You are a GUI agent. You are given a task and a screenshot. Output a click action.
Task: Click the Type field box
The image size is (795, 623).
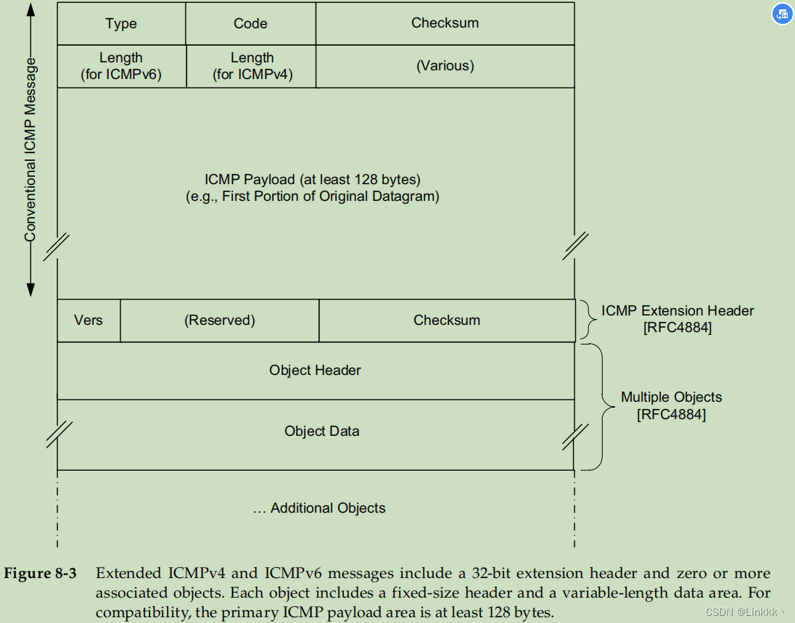121,24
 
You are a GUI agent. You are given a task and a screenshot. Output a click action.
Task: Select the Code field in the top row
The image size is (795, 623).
250,24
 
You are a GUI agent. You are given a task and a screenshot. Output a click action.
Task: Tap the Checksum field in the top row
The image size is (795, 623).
445,23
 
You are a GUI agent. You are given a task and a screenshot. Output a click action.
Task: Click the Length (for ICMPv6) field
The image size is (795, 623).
121,66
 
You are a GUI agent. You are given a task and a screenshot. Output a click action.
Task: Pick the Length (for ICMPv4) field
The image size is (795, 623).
252,66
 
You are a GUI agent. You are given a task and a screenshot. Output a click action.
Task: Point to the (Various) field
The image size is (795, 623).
445,66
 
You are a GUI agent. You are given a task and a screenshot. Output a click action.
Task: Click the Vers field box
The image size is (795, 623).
88,320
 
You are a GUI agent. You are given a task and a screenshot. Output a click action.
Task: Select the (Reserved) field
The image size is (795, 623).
219,320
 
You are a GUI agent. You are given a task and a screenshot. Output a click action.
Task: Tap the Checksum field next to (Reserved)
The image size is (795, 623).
446,320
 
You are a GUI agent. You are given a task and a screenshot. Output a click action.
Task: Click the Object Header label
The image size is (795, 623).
315,370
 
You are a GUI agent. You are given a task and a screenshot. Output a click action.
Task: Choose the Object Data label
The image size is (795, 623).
321,431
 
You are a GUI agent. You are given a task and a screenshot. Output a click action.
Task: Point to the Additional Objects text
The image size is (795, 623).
319,508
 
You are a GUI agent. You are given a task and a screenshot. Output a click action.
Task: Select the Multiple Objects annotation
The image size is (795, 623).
671,405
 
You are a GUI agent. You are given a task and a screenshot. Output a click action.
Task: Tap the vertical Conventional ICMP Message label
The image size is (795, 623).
30,149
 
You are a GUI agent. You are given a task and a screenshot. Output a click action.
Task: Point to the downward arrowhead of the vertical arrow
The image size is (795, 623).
30,290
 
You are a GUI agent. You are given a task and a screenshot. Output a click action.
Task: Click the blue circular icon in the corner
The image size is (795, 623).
782,14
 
